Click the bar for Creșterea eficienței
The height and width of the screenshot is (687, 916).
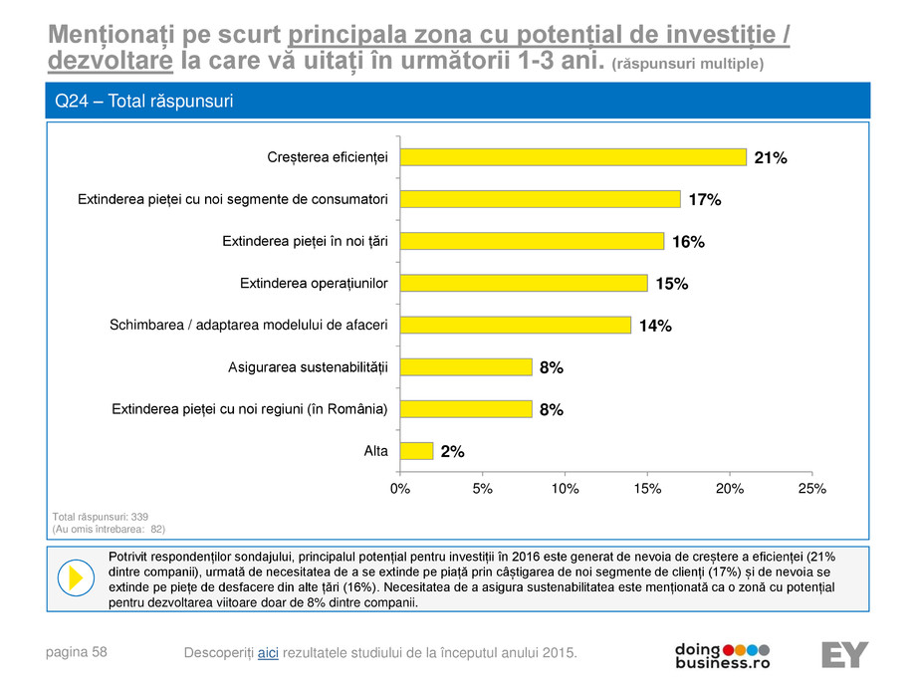click(572, 156)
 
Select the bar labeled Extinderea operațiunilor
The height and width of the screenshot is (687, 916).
click(523, 283)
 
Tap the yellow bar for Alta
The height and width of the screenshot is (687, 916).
click(416, 451)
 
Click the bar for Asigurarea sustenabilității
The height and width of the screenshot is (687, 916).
click(465, 366)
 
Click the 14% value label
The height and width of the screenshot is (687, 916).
click(655, 326)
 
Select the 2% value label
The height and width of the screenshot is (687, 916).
click(453, 451)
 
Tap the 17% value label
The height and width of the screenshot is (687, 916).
click(705, 199)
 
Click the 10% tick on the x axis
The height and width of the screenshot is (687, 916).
click(565, 489)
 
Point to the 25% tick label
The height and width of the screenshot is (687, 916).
click(812, 489)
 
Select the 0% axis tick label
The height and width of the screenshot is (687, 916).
click(399, 489)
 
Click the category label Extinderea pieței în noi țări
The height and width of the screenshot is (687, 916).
click(305, 241)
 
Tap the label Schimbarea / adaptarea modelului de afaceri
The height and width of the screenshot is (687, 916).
click(249, 325)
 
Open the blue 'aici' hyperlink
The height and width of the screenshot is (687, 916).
click(268, 652)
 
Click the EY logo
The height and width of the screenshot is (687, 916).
click(844, 654)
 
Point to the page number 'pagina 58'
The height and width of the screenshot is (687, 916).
click(80, 652)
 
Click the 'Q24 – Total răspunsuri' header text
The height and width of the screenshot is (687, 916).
click(144, 102)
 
